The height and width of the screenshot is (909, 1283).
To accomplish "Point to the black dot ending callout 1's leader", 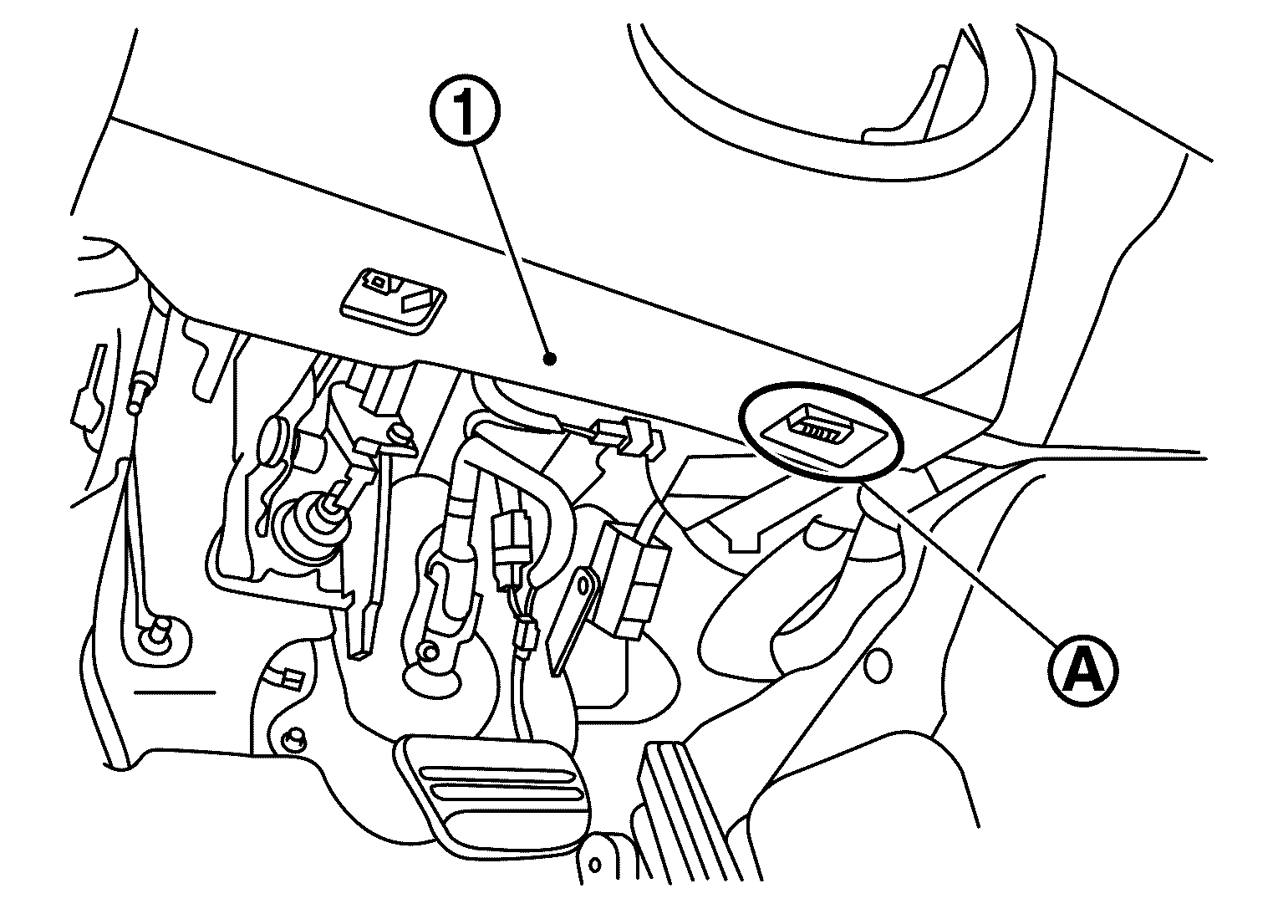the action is tap(551, 360).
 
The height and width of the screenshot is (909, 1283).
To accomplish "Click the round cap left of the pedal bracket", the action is tap(274, 442).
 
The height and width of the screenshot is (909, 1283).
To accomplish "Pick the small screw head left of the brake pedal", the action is tap(294, 738).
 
